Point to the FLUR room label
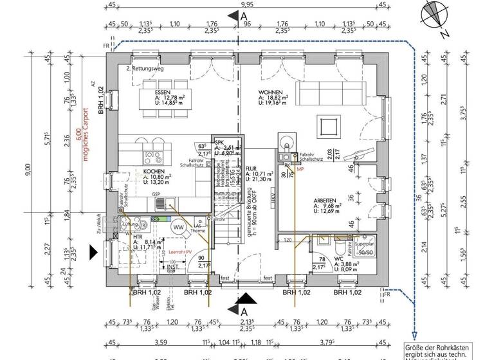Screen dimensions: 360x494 [251, 167]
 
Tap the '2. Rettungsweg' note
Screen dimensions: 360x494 [145, 67]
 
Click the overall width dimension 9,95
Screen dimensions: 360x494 [246, 6]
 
